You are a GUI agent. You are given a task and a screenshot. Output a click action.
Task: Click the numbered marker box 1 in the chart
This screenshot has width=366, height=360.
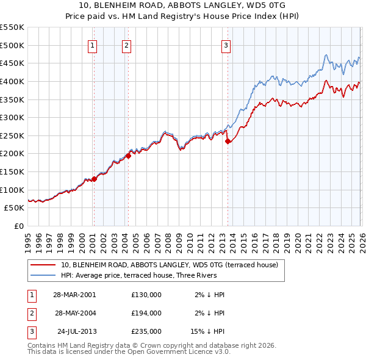click(x=93, y=45)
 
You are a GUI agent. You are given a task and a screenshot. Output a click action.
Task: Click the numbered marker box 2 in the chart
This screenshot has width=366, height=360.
click(x=126, y=45)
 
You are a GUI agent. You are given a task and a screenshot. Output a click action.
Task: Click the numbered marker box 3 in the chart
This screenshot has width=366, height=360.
click(x=226, y=45)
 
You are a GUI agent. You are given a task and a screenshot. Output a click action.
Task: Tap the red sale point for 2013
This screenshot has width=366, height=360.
click(x=228, y=141)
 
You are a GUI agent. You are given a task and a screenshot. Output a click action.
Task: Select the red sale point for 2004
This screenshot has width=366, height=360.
click(x=129, y=156)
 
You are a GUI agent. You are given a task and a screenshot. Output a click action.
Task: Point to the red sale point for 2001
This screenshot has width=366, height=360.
click(x=94, y=179)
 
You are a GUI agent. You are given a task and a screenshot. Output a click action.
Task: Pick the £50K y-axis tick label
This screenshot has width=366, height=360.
click(x=15, y=208)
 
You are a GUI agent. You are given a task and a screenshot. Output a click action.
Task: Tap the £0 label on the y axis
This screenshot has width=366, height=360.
click(x=18, y=226)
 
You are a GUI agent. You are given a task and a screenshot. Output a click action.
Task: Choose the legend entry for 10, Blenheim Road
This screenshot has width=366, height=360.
click(x=169, y=265)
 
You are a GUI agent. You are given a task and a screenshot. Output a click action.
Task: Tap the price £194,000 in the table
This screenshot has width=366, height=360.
click(x=146, y=313)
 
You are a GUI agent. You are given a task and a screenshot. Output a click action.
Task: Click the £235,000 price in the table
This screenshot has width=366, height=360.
click(x=146, y=332)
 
